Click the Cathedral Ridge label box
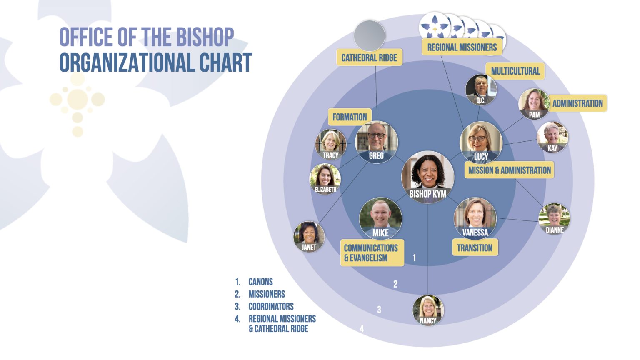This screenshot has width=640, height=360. pyautogui.click(x=370, y=57)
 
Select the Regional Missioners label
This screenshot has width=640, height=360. pyautogui.click(x=462, y=47)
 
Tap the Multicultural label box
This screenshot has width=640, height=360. pyautogui.click(x=515, y=71)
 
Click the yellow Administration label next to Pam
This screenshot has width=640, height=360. pyautogui.click(x=577, y=103)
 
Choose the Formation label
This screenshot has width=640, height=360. pyautogui.click(x=350, y=117)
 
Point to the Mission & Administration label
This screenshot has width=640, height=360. pyautogui.click(x=510, y=170)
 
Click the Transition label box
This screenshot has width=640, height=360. pyautogui.click(x=475, y=247)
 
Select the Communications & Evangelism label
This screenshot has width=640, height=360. pyautogui.click(x=372, y=252)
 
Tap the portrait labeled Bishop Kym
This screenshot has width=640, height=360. pyautogui.click(x=428, y=177)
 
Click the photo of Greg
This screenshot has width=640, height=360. pyautogui.click(x=376, y=142)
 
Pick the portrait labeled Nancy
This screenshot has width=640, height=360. pyautogui.click(x=428, y=310)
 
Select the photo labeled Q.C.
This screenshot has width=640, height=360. pyautogui.click(x=481, y=90)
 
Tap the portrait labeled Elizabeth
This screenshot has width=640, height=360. pyautogui.click(x=325, y=179)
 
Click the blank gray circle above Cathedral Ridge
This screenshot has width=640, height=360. pyautogui.click(x=370, y=36)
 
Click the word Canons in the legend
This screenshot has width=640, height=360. pyautogui.click(x=260, y=282)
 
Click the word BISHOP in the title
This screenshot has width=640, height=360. pyautogui.click(x=205, y=37)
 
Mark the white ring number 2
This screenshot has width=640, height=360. pyautogui.click(x=395, y=284)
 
